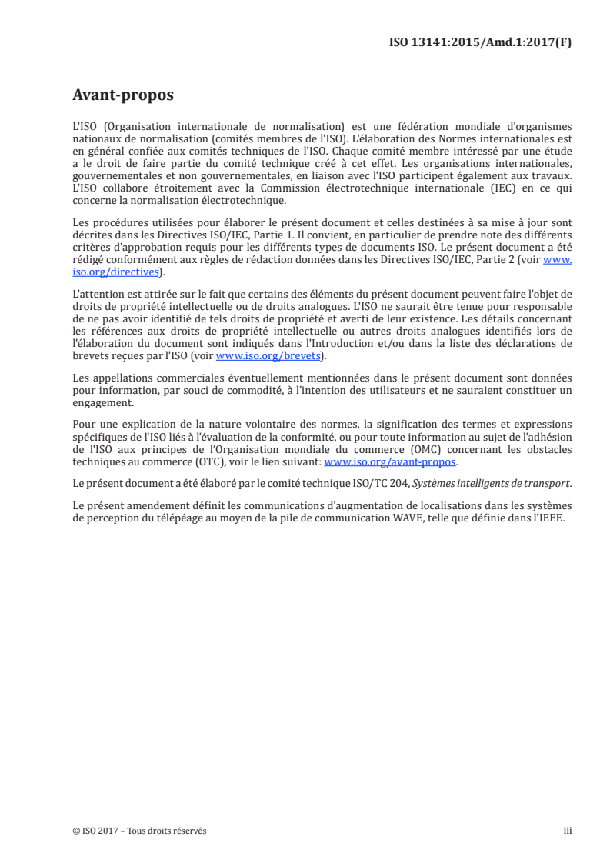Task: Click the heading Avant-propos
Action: click(x=122, y=96)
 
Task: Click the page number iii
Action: click(x=568, y=831)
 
